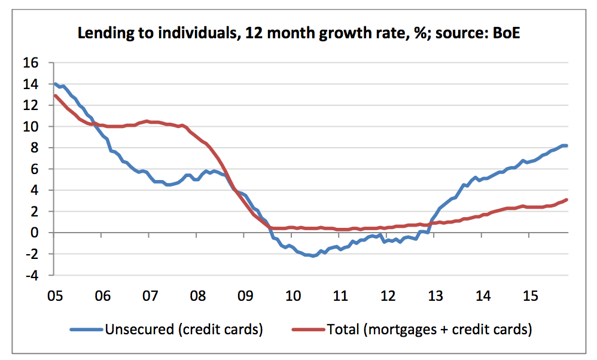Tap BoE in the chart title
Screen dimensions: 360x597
(x=507, y=33)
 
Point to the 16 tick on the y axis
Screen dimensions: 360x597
(x=31, y=63)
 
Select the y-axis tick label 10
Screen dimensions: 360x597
(x=31, y=127)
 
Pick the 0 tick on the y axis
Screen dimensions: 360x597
(x=35, y=233)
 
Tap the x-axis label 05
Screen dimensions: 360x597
(x=54, y=295)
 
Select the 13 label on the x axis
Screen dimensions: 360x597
(x=435, y=295)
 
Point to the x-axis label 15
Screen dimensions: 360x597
(x=530, y=295)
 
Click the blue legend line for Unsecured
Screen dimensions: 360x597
(x=86, y=329)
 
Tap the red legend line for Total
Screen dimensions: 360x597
(x=307, y=329)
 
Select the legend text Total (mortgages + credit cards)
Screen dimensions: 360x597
(x=429, y=329)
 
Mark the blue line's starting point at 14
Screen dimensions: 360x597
(x=55, y=84)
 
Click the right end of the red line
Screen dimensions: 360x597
(x=566, y=200)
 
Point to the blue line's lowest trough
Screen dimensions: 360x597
(x=313, y=256)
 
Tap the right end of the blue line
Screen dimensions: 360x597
(x=566, y=145)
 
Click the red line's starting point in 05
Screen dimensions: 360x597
(x=55, y=95)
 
